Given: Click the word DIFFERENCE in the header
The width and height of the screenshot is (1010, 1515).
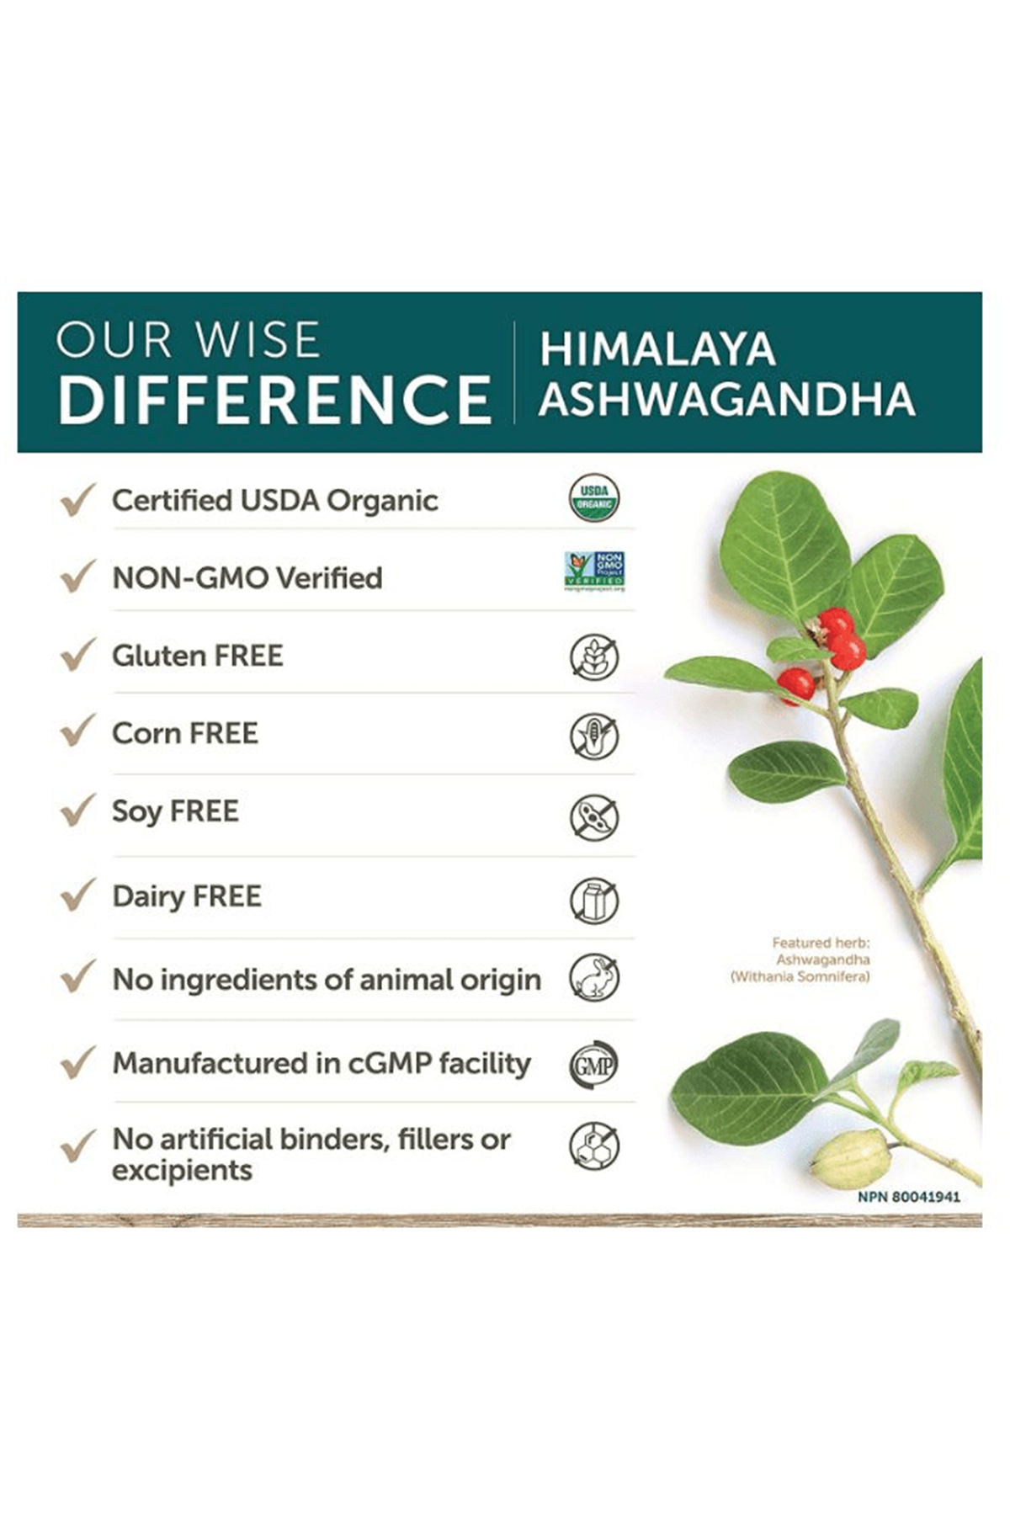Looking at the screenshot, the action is (274, 399).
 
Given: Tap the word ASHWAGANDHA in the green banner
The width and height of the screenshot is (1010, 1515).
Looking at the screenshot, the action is (727, 399).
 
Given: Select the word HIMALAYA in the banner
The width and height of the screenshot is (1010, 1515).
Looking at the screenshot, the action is (657, 349).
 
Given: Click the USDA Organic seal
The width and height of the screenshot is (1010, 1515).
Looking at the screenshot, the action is (594, 498).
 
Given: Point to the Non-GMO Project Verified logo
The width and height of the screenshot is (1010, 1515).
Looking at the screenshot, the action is (595, 571).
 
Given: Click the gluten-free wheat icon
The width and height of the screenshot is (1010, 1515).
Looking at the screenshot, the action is (594, 656).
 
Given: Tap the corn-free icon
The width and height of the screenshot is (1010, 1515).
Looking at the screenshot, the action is (594, 736).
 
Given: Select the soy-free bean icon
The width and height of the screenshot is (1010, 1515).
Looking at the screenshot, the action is (594, 817).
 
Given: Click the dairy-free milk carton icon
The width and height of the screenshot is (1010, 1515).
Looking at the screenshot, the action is (594, 899).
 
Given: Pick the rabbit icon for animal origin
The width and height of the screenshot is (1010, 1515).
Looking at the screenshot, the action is (594, 978).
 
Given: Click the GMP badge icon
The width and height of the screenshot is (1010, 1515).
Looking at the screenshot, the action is (594, 1064).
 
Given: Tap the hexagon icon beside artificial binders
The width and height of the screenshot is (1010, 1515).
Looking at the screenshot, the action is (594, 1145).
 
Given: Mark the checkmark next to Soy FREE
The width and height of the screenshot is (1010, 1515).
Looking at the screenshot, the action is (77, 811).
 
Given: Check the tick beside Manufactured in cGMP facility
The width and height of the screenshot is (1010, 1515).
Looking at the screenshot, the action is (77, 1062).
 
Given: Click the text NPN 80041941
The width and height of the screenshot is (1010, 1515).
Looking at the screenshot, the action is (909, 1197).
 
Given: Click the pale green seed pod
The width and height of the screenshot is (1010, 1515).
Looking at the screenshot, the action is (850, 1159).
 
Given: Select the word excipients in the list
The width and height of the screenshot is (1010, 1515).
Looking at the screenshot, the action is (182, 1171).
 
